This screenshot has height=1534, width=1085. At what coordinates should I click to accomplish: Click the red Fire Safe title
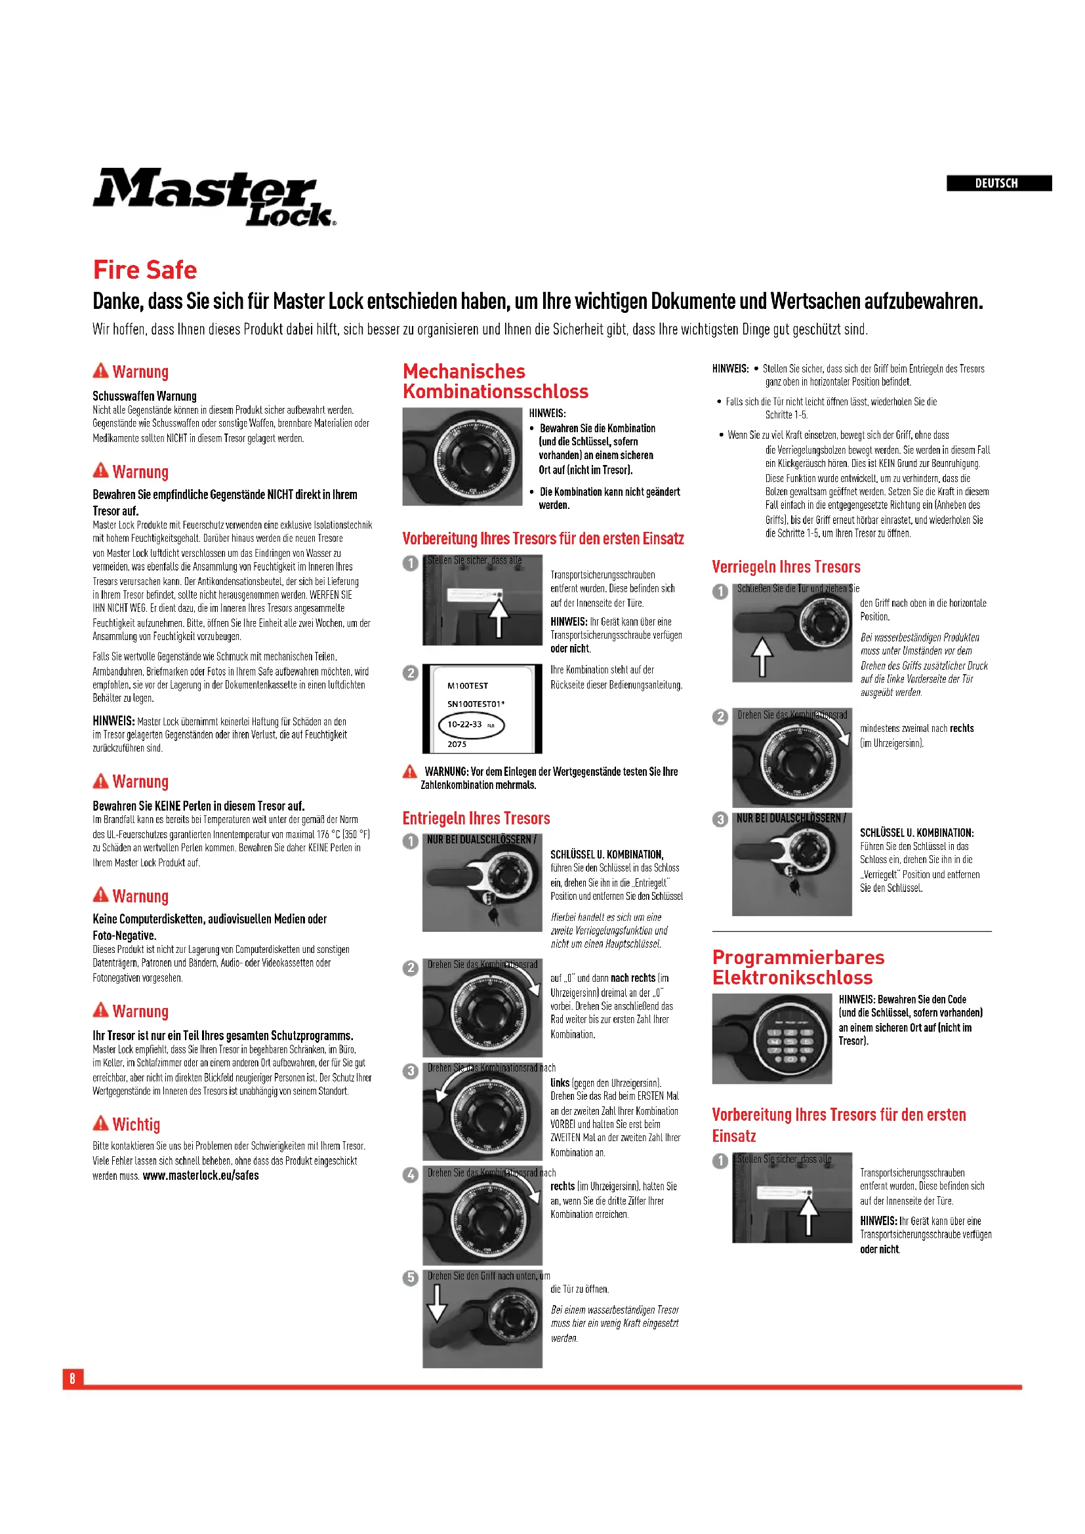[145, 270]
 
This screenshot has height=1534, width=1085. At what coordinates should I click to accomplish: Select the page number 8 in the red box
[73, 1378]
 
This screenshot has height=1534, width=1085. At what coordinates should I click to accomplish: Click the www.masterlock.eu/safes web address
[201, 1175]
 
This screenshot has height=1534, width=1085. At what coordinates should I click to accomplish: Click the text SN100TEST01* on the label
[476, 704]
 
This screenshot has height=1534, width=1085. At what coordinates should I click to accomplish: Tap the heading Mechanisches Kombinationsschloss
[495, 381]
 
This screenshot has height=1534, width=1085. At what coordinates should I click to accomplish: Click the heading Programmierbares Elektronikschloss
[798, 967]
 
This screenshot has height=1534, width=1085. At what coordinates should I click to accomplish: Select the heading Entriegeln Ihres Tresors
[476, 818]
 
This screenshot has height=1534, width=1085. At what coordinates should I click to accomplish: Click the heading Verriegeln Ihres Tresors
[786, 567]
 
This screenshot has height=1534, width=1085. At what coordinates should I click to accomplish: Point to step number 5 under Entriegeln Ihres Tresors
[410, 1278]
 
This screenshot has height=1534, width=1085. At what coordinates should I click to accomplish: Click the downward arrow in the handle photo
[436, 1303]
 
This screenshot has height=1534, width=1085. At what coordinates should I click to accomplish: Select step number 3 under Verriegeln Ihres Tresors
[720, 819]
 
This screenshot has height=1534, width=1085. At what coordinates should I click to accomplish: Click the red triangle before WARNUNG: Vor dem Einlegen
[409, 772]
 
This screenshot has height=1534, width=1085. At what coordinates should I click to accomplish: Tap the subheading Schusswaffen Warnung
[144, 395]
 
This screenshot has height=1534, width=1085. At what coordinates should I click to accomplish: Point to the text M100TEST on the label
[468, 685]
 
